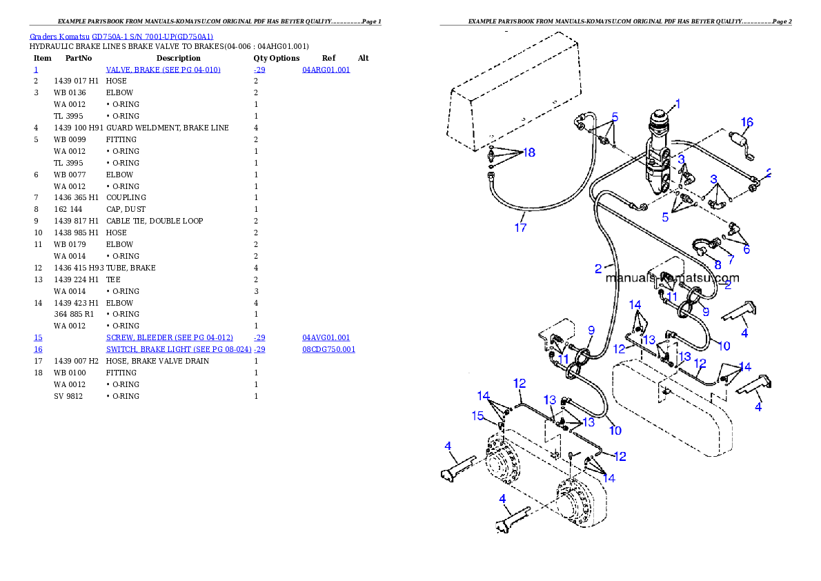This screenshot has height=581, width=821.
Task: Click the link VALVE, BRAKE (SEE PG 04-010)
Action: (164, 70)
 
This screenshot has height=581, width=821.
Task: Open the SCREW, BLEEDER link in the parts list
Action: (169, 338)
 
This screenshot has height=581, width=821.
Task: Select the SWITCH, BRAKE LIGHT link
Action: (178, 349)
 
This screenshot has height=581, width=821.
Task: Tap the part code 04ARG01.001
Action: (326, 70)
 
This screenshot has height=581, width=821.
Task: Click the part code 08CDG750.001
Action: (329, 349)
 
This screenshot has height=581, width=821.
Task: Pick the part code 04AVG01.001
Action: (326, 338)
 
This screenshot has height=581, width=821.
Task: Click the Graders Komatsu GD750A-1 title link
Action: (121, 37)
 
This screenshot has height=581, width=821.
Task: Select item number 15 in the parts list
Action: (38, 338)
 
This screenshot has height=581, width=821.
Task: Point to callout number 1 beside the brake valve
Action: (677, 104)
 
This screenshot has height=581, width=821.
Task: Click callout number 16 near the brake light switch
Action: (747, 122)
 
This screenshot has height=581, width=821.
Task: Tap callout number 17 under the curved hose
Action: (520, 226)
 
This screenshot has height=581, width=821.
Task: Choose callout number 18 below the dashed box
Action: (528, 152)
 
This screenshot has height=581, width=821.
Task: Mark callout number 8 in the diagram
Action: (718, 264)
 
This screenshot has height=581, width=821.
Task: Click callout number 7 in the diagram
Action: (731, 259)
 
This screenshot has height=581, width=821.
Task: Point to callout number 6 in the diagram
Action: (746, 249)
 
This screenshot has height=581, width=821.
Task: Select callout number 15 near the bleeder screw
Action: (478, 415)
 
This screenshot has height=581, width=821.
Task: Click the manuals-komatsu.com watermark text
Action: (672, 279)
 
